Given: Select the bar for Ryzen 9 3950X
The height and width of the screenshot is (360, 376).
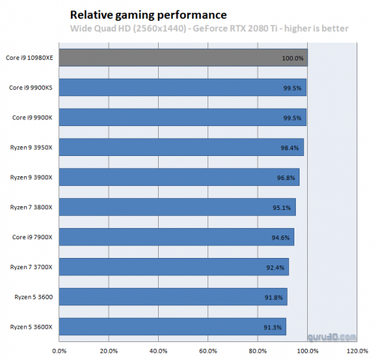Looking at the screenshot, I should (181, 147).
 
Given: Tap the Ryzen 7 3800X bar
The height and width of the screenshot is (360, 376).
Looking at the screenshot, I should (176, 207).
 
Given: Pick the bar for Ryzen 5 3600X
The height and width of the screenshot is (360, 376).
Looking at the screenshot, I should (172, 327).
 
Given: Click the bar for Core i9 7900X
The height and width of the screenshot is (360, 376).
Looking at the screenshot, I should (175, 237).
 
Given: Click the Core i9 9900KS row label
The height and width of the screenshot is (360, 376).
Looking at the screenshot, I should (31, 88).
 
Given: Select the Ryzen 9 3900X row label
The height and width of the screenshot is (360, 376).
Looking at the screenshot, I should (31, 178).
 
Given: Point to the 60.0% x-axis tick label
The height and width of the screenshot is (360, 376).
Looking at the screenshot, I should (207, 349).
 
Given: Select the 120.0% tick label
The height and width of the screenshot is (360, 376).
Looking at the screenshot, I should (357, 349).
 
